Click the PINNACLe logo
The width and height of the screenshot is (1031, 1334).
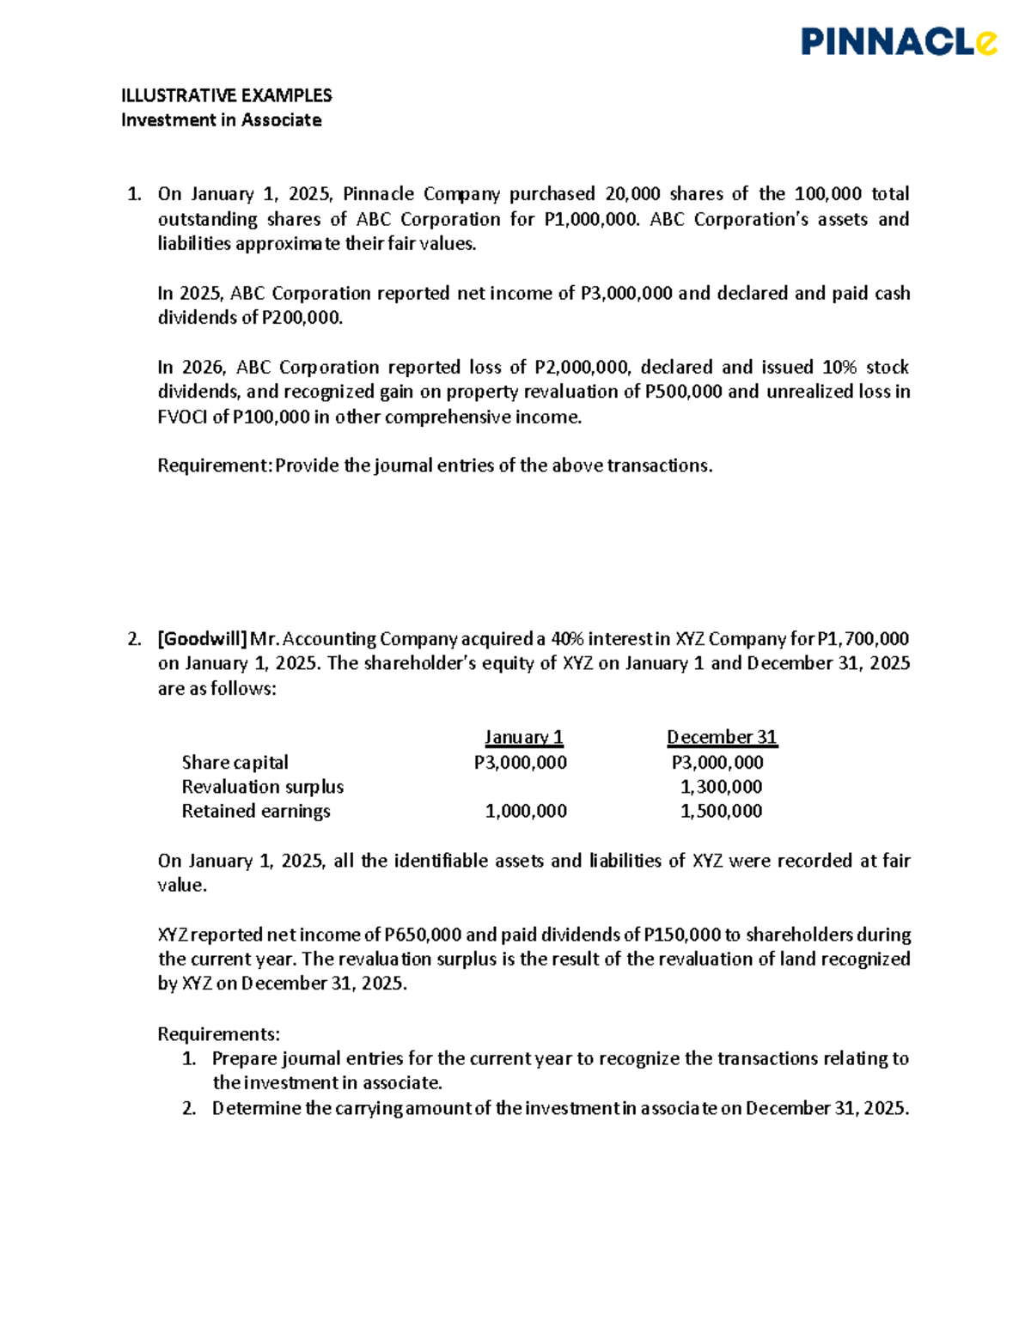point(899,41)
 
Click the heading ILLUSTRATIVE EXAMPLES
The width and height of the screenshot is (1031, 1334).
point(226,95)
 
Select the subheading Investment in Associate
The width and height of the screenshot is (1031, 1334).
point(221,120)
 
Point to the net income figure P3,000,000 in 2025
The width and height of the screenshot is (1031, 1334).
point(626,294)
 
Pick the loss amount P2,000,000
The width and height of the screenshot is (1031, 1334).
point(582,368)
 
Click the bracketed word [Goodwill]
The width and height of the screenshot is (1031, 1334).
point(202,639)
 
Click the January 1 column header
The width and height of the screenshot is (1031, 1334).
point(523,737)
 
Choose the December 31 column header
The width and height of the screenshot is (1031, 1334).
point(722,737)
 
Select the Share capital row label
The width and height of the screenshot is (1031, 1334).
point(235,763)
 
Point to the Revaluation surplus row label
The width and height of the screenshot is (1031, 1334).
point(262,787)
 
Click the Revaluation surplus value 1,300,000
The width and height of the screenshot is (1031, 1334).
point(721,787)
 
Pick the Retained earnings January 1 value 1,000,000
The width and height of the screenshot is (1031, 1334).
point(526,811)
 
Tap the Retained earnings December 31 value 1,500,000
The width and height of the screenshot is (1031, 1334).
point(721,811)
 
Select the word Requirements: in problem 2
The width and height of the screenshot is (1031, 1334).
point(218,1034)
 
